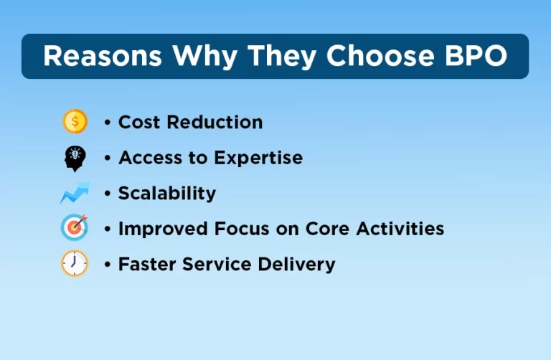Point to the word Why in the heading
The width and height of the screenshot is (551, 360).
coord(197,57)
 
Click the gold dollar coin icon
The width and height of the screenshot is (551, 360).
coord(75,122)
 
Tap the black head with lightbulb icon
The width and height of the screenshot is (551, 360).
coord(75,158)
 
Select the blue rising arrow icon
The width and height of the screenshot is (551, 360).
coord(75,193)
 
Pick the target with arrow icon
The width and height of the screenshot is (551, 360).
coord(75,228)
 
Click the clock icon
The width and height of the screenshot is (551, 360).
coord(75,263)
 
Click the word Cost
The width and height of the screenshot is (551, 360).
coord(139,123)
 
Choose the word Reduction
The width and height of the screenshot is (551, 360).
coord(215,123)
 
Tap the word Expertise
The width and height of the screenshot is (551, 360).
coord(260,158)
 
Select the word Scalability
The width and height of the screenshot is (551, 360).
coord(166,193)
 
